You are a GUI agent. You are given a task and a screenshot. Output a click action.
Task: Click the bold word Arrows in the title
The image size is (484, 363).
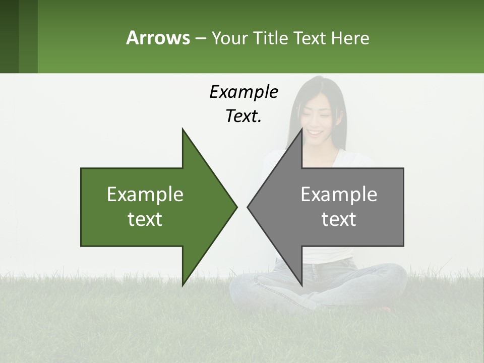pyautogui.click(x=158, y=38)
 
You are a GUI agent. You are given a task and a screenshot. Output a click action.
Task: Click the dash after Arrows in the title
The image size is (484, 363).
pyautogui.click(x=200, y=38)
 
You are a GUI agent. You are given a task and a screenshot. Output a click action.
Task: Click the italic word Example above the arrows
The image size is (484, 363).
pyautogui.click(x=244, y=92)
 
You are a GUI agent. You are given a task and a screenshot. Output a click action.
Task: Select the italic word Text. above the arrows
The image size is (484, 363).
pyautogui.click(x=244, y=116)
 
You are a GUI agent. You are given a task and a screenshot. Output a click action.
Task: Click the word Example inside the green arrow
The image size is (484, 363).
pyautogui.click(x=145, y=194)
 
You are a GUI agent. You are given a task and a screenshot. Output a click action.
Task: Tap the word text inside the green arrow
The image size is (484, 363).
pyautogui.click(x=145, y=219)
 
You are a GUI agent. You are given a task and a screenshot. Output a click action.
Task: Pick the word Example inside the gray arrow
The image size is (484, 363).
pyautogui.click(x=339, y=194)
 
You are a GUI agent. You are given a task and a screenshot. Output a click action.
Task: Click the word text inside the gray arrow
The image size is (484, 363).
pyautogui.click(x=339, y=219)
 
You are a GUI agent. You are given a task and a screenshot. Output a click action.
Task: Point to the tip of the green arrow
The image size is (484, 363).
pyautogui.click(x=236, y=207)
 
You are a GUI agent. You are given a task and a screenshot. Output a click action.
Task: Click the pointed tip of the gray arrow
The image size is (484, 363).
pyautogui.click(x=248, y=207)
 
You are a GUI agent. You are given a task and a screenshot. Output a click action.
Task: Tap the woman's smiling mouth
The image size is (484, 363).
pyautogui.click(x=315, y=133)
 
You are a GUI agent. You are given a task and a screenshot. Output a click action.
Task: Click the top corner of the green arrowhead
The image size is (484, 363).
pyautogui.click(x=183, y=129)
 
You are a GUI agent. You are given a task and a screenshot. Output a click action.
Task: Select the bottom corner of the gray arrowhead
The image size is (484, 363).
pyautogui.click(x=301, y=285)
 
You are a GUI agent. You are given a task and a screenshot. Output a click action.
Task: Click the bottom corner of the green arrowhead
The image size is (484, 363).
pyautogui.click(x=183, y=285)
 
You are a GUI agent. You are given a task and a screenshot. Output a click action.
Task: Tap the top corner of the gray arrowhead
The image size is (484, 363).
pyautogui.click(x=301, y=129)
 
